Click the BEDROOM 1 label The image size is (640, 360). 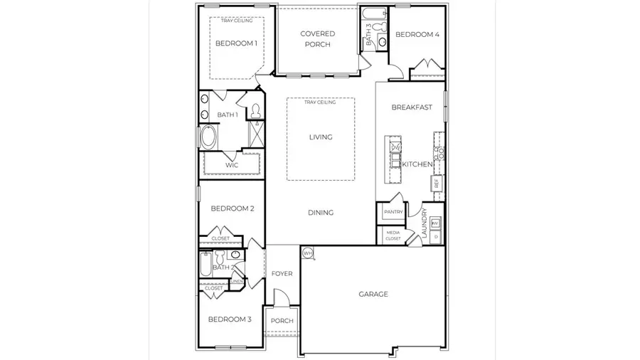pyautogui.click(x=236, y=43)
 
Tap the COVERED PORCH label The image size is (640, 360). pyautogui.click(x=317, y=39)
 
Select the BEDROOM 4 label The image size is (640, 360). pyautogui.click(x=417, y=35)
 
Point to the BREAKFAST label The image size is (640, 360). pyautogui.click(x=412, y=107)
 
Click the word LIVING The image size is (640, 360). pyautogui.click(x=321, y=137)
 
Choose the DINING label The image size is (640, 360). pyautogui.click(x=321, y=213)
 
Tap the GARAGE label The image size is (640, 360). pyautogui.click(x=373, y=294)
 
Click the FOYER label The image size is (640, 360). pyautogui.click(x=282, y=274)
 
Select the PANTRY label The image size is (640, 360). pyautogui.click(x=393, y=212)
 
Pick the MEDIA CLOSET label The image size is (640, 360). pyautogui.click(x=393, y=235)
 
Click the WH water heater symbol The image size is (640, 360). pyautogui.click(x=308, y=253)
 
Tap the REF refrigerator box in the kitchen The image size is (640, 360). pyautogui.click(x=436, y=183)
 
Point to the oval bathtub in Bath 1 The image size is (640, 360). pyautogui.click(x=209, y=137)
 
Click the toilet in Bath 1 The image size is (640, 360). pyautogui.click(x=255, y=111)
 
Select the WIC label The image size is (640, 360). pyautogui.click(x=231, y=165)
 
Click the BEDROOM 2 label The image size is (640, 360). pyautogui.click(x=233, y=208)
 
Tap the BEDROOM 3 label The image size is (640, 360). pyautogui.click(x=230, y=319)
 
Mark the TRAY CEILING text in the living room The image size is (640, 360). pyautogui.click(x=320, y=102)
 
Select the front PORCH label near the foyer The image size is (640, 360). pyautogui.click(x=282, y=321)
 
